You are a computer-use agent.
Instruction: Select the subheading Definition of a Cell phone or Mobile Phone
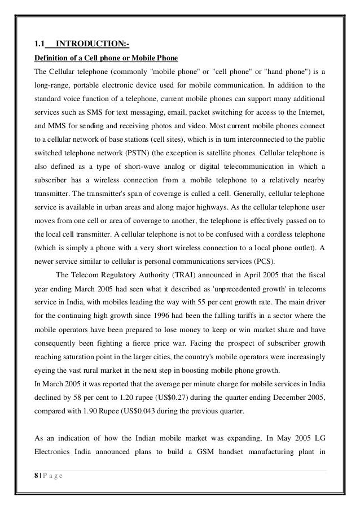pyautogui.click(x=106, y=58)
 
